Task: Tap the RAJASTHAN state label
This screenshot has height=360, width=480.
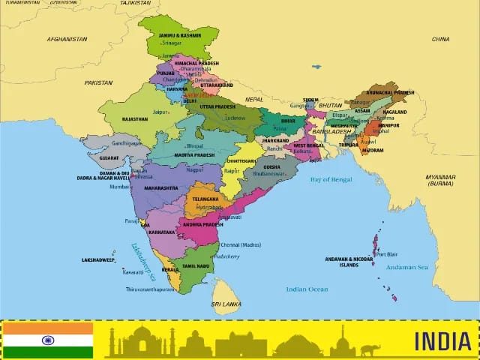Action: click(135, 119)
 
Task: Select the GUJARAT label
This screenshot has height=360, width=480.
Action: click(108, 158)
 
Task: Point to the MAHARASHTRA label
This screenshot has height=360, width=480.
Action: click(160, 187)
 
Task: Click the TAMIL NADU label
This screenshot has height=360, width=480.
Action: click(194, 265)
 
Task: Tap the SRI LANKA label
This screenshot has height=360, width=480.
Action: click(225, 304)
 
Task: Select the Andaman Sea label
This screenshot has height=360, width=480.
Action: click(406, 267)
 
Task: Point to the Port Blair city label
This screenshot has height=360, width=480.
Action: click(387, 253)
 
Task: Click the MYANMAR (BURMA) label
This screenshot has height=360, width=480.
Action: click(440, 180)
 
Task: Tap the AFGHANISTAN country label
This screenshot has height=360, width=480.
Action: click(67, 39)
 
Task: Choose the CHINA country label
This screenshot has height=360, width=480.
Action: click(440, 39)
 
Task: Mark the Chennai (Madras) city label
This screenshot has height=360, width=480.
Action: click(240, 245)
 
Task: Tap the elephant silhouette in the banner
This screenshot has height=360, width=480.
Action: click(370, 349)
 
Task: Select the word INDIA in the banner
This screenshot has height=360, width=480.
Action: click(442, 341)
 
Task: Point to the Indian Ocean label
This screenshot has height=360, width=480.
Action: click(307, 289)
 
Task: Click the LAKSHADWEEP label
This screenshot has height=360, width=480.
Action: click(98, 259)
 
